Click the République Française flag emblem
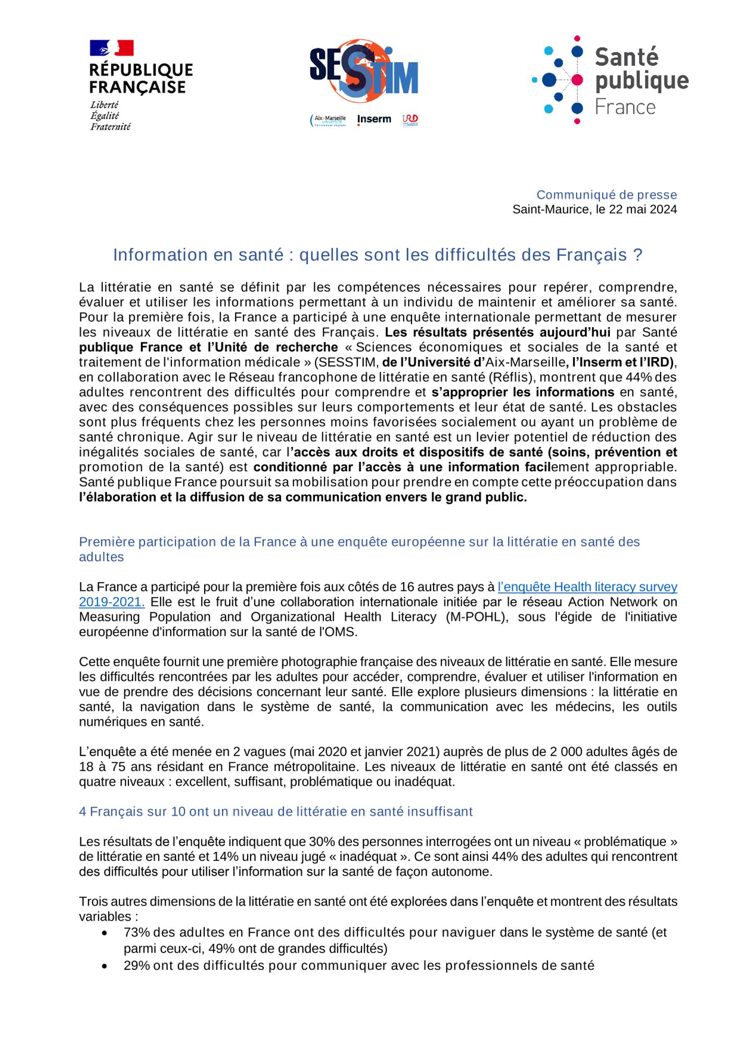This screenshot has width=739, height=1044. pos(111,48)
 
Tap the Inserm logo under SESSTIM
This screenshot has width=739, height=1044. pos(374,120)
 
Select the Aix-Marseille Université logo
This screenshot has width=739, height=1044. pos(329,120)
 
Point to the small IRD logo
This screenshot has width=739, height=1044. pos(410,120)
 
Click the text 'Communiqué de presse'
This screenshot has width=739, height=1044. pos(606,195)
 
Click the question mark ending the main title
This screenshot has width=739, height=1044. pos(637,255)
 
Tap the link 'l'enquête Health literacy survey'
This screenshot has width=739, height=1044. pos(587,587)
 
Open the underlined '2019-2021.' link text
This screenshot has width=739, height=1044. pos(112,602)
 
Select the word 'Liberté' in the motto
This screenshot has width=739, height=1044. pos(104,104)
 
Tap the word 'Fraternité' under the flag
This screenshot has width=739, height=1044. pos(110,127)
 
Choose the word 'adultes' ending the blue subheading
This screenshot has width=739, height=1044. pos(101,557)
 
